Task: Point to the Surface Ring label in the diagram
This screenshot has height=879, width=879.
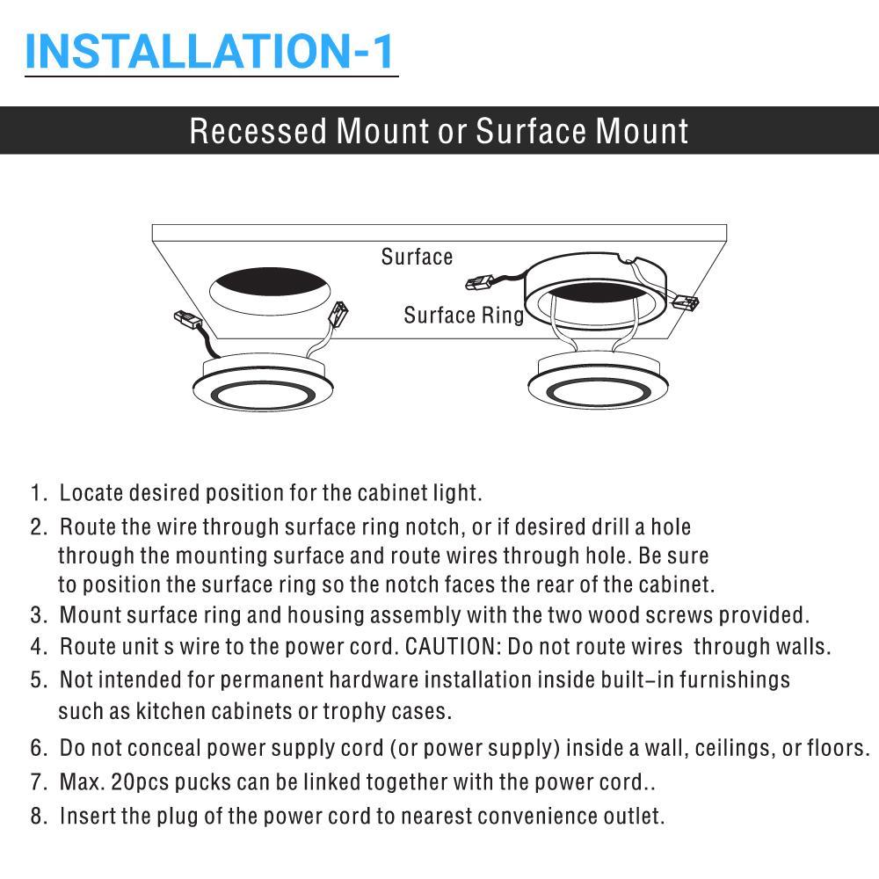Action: (x=463, y=315)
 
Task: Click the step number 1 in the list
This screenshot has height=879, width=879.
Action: (x=37, y=492)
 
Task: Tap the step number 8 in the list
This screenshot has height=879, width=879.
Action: (x=37, y=816)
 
